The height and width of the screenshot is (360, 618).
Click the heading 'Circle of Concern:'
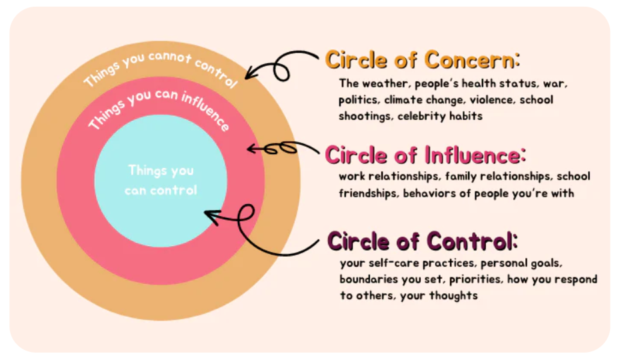pos(422,60)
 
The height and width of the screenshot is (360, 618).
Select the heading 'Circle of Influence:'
pos(425,155)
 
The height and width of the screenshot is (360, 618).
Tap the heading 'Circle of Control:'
pos(423,240)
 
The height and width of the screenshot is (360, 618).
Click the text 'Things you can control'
pos(161,180)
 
